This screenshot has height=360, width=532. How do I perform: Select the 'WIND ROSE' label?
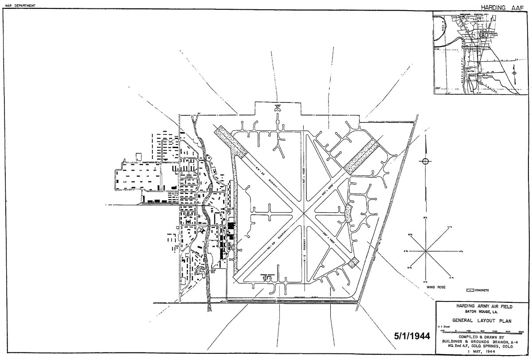tap(435, 287)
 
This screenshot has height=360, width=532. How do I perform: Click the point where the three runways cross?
tap(304, 214)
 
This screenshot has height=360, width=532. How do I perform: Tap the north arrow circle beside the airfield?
tap(426, 161)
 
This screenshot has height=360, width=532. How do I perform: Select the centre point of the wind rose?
tap(426, 251)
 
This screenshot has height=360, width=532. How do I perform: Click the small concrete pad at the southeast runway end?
tap(353, 262)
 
